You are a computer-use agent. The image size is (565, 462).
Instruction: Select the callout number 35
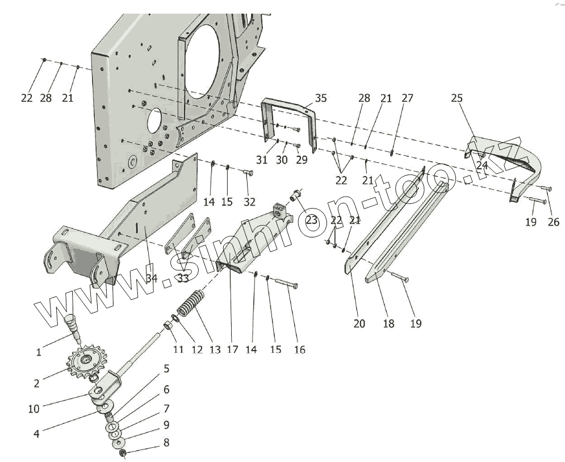tap(321, 98)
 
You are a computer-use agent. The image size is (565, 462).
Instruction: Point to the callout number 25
tap(457, 98)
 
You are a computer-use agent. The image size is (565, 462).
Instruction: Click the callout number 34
tap(151, 278)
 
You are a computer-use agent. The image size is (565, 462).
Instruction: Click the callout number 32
tap(249, 202)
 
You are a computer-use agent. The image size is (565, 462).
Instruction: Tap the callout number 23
tap(312, 220)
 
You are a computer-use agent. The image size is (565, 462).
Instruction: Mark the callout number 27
tap(407, 98)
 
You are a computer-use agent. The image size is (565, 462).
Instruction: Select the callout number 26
tap(553, 222)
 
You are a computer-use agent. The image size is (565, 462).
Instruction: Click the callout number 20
tap(359, 323)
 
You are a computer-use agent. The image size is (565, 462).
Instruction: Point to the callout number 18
tap(388, 323)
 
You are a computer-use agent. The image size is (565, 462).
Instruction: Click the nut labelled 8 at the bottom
tap(123, 452)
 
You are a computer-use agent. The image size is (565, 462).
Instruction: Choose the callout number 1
tap(39, 352)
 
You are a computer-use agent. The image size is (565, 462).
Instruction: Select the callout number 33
tap(183, 278)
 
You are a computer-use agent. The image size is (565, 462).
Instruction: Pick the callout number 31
tap(261, 160)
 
